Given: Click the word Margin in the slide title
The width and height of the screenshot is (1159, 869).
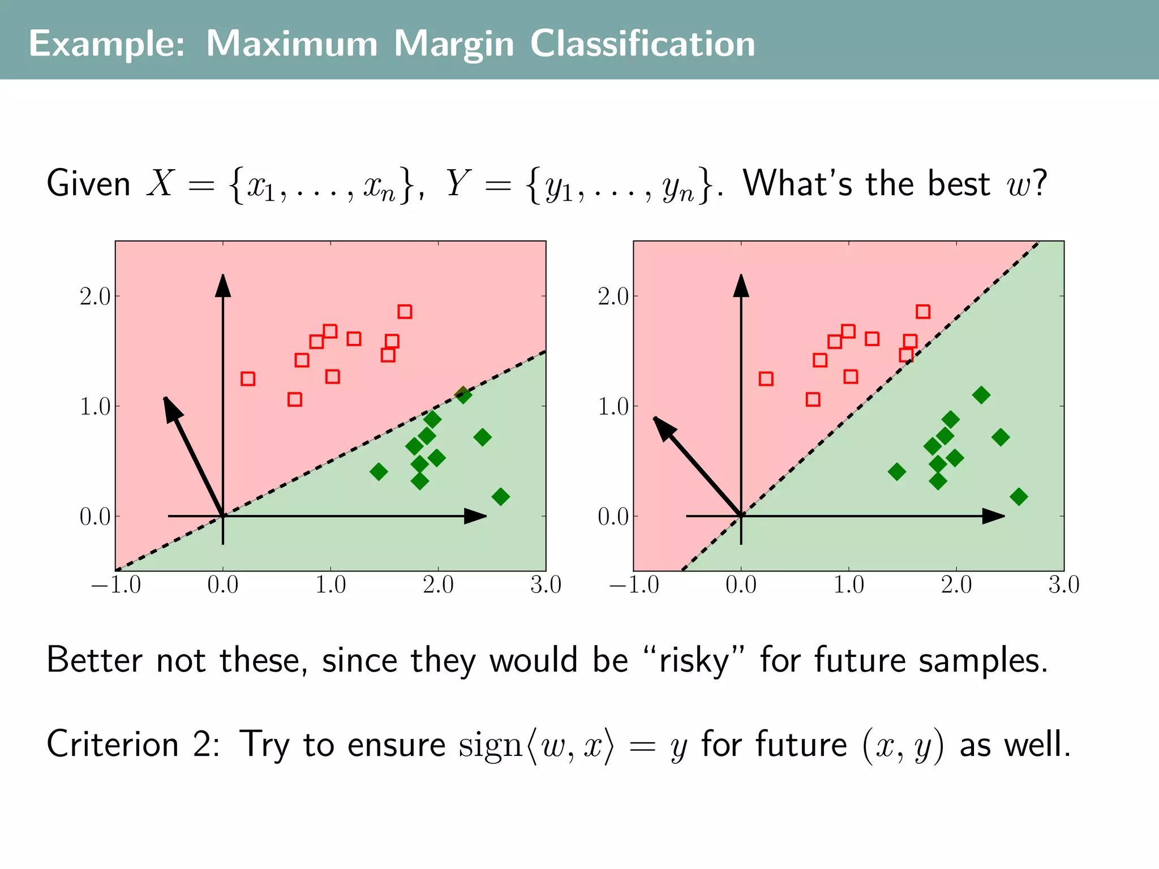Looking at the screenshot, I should [453, 44].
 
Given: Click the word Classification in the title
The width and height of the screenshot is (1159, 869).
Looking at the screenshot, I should [642, 44].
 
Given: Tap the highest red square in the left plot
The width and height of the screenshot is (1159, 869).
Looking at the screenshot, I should [405, 312].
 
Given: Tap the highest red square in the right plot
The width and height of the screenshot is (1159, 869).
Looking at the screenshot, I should [923, 312].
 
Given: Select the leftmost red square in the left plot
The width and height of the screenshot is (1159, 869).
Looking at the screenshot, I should [248, 378].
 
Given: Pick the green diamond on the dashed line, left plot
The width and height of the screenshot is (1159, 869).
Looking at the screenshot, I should [463, 395].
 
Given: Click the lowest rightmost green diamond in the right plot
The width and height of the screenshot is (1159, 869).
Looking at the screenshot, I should [1019, 497].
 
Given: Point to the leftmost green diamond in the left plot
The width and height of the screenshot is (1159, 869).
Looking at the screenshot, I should [379, 471].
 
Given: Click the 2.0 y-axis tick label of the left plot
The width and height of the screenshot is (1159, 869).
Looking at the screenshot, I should [95, 296].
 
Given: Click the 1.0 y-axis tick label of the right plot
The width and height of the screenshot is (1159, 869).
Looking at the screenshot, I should [613, 406].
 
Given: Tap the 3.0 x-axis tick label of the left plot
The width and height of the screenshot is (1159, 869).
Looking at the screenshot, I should [546, 585].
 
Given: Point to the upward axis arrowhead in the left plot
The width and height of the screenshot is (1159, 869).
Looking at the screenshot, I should [223, 286].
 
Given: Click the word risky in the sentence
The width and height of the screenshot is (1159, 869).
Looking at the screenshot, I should [694, 661].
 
